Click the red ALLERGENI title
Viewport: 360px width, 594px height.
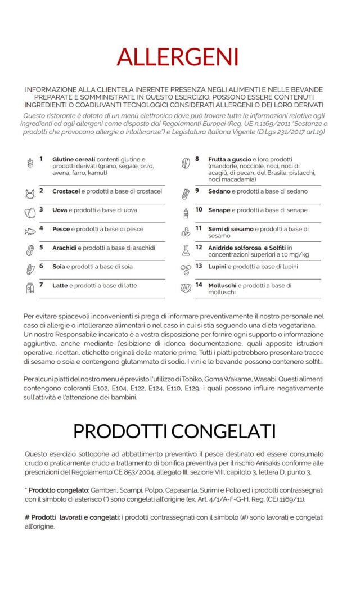point(178,57)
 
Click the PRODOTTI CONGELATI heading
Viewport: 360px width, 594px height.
point(174,431)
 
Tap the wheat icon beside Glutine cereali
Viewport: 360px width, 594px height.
point(30,163)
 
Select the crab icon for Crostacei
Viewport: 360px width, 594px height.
point(30,194)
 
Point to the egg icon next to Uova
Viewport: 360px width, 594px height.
point(30,213)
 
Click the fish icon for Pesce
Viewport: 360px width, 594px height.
point(30,231)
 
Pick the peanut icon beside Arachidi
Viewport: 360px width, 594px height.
point(30,250)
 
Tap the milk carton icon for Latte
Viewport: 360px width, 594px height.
point(30,288)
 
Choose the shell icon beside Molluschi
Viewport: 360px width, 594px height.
point(186,288)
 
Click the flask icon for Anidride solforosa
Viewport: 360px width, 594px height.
point(186,250)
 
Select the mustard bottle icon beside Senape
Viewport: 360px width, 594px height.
point(186,213)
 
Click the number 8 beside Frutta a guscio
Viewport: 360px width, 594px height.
point(197,159)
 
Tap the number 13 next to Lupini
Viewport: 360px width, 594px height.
point(199,266)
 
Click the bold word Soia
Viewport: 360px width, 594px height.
point(58,267)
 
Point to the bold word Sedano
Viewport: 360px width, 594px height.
point(219,191)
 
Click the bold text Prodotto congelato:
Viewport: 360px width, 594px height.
point(57,490)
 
